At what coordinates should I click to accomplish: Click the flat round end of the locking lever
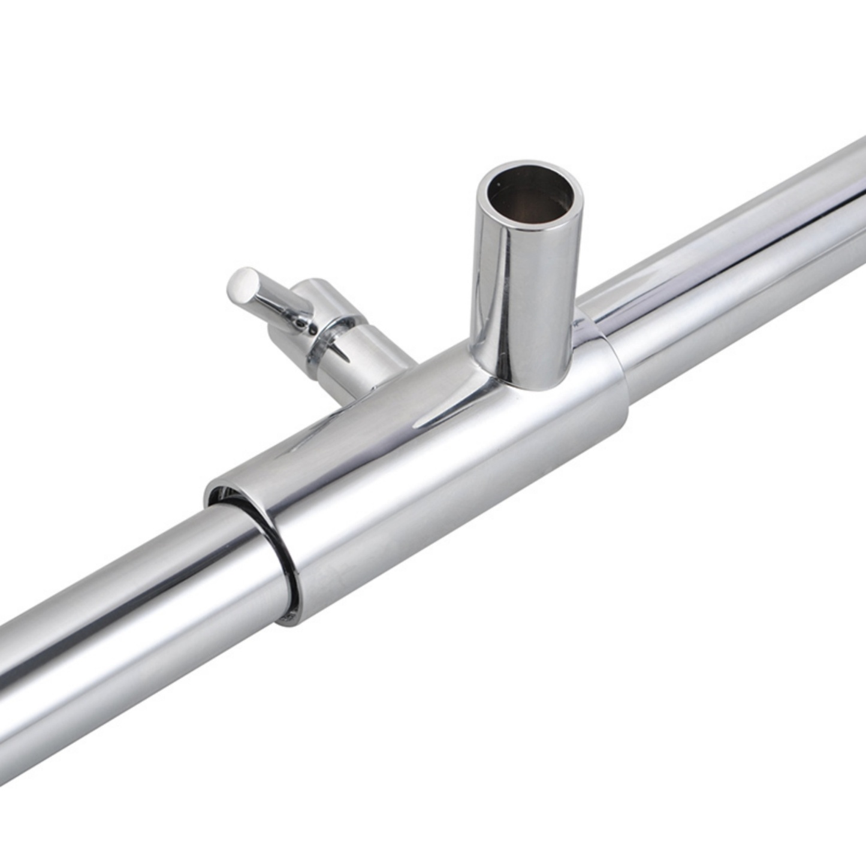click(x=243, y=283)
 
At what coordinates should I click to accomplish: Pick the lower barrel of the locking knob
click(x=366, y=366)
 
